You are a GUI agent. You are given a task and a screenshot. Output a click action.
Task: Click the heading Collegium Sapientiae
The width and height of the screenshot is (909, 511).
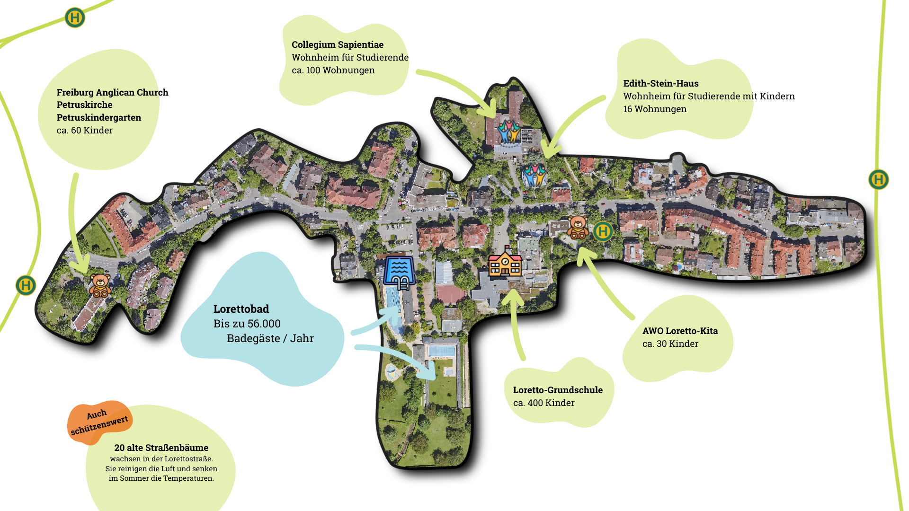[x=337, y=44]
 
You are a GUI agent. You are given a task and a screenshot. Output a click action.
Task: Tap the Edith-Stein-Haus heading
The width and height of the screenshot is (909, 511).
[x=660, y=83]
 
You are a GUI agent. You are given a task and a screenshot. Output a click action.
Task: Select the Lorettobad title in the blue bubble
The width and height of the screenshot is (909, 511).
[x=241, y=309]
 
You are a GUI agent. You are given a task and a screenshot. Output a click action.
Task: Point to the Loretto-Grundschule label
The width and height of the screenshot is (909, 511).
[x=558, y=390]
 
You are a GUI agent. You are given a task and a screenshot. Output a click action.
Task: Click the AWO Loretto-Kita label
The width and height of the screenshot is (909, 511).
[x=680, y=331]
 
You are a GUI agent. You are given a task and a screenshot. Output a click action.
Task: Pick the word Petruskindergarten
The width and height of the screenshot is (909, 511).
[x=98, y=117]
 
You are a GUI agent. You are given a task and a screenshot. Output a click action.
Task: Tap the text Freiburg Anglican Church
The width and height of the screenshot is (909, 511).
[x=112, y=92]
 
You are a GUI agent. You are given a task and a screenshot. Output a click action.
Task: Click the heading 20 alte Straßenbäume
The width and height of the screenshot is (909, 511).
[x=161, y=448]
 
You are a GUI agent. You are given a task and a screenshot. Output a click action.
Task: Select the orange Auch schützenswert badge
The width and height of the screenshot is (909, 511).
[x=99, y=422]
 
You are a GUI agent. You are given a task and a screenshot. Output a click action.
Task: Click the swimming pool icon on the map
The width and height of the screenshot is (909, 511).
[x=400, y=272]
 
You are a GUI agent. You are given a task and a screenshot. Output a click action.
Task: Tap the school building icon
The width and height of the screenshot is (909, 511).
[x=505, y=263]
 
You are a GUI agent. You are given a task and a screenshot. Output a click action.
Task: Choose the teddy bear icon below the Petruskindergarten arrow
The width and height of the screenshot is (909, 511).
[x=100, y=285]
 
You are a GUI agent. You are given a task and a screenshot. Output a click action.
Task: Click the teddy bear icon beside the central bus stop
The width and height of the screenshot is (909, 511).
[x=578, y=227]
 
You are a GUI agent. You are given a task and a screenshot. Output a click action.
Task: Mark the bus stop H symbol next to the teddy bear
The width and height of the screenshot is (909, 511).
[x=603, y=231]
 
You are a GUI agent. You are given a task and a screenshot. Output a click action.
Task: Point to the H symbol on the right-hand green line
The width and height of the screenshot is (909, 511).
[x=878, y=180]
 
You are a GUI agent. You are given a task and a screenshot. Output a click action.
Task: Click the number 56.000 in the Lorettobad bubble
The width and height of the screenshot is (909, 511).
[x=264, y=324]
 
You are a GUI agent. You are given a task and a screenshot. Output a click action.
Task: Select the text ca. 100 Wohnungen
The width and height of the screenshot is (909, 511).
[x=333, y=70]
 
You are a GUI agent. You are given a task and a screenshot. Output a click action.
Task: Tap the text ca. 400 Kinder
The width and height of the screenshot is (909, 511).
[x=544, y=403]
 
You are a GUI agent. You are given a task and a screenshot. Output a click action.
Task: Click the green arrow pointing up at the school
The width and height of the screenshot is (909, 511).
[x=516, y=322]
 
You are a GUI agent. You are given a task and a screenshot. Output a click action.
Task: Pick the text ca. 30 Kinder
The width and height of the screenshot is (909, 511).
[x=670, y=344]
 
